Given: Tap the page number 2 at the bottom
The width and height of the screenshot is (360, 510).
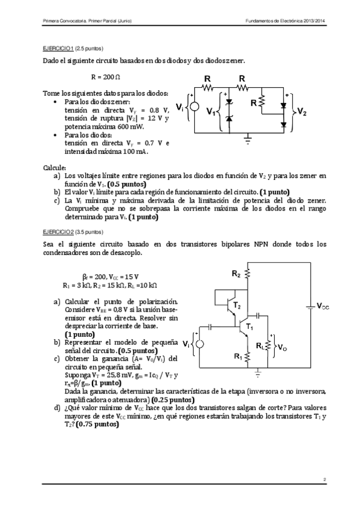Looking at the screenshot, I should tap(323, 479).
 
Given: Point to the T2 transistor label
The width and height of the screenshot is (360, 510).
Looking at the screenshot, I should tap(237, 306).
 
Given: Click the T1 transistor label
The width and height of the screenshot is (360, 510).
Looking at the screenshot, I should tap(250, 327).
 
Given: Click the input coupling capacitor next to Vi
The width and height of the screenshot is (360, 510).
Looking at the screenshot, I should tap(211, 326).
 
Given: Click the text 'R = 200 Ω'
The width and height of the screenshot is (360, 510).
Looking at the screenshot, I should tap(106, 78).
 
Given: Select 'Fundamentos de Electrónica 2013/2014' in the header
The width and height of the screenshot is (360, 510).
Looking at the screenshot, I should tap(285, 21).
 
